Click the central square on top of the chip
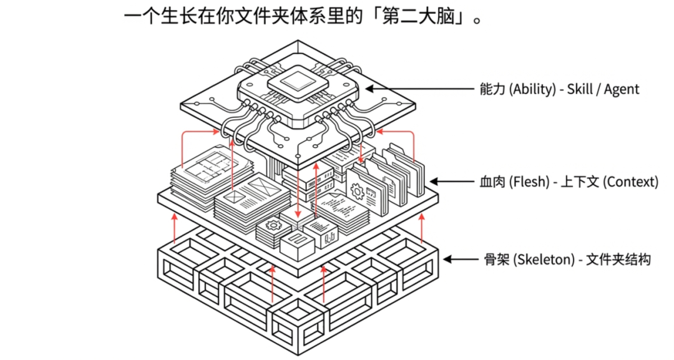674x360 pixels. (x=296, y=80)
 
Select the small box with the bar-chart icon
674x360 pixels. (x=328, y=236)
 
